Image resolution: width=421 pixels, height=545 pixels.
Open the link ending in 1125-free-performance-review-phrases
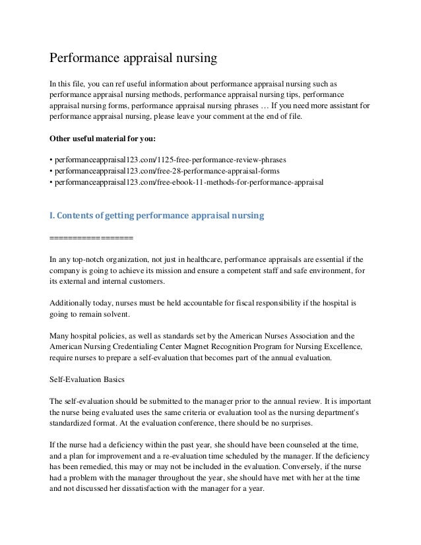click(170, 160)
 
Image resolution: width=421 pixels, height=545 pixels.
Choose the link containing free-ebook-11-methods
click(189, 181)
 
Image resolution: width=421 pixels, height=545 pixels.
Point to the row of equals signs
click(92, 237)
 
